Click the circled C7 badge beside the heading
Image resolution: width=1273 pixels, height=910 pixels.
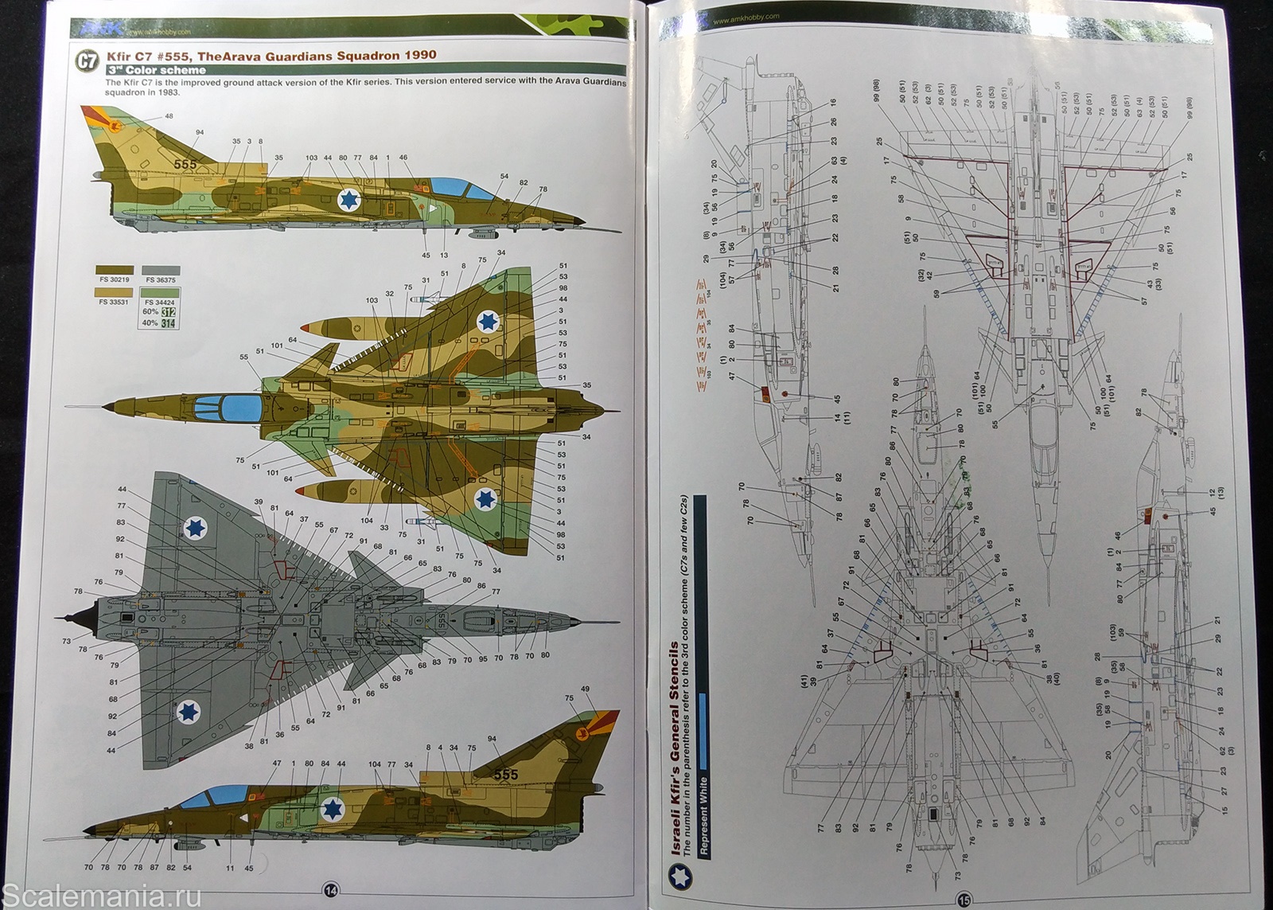[x=86, y=61]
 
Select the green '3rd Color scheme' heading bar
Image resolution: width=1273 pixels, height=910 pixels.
[x=155, y=70]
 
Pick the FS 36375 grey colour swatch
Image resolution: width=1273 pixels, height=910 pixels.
[x=161, y=271]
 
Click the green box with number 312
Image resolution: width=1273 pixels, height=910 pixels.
[x=168, y=312]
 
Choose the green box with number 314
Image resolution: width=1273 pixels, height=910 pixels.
[x=168, y=324]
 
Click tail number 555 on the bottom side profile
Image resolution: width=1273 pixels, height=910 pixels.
[x=506, y=775]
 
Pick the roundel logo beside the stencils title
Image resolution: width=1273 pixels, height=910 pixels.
[x=683, y=878]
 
